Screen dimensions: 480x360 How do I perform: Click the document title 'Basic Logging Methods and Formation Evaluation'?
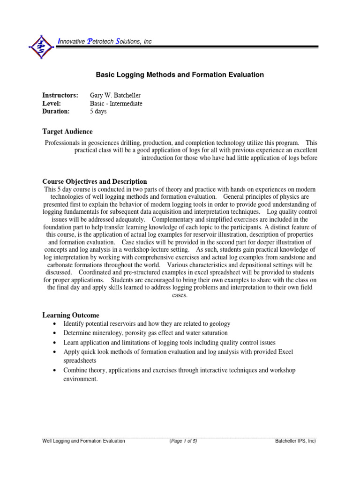pyautogui.click(x=180, y=75)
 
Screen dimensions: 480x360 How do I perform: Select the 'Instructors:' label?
pyautogui.click(x=60, y=96)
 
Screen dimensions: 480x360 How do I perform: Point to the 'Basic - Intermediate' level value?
pyautogui.click(x=116, y=104)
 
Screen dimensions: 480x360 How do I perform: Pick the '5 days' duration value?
pyautogui.click(x=98, y=112)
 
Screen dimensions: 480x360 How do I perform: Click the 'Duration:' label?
pyautogui.click(x=56, y=112)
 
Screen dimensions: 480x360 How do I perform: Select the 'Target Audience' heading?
pyautogui.click(x=67, y=132)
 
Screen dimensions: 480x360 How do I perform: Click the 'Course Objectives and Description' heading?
pyautogui.click(x=95, y=181)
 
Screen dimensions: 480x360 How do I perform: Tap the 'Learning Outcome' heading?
pyautogui.click(x=71, y=315)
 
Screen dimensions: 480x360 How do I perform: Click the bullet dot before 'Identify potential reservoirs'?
pyautogui.click(x=55, y=324)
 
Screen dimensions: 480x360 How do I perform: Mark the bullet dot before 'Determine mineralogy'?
pyautogui.click(x=55, y=333)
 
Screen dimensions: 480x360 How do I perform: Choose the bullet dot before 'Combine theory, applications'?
pyautogui.click(x=55, y=371)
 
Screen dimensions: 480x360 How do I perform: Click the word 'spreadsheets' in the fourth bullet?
pyautogui.click(x=80, y=360)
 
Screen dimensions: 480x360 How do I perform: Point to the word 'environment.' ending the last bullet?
pyautogui.click(x=81, y=379)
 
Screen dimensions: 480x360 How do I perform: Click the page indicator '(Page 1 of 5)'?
pyautogui.click(x=183, y=441)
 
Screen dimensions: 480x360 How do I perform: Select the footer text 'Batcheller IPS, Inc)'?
pyautogui.click(x=295, y=441)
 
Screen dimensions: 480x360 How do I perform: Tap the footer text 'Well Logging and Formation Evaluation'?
pyautogui.click(x=83, y=441)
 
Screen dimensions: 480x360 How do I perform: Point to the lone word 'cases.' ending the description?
pyautogui.click(x=180, y=295)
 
